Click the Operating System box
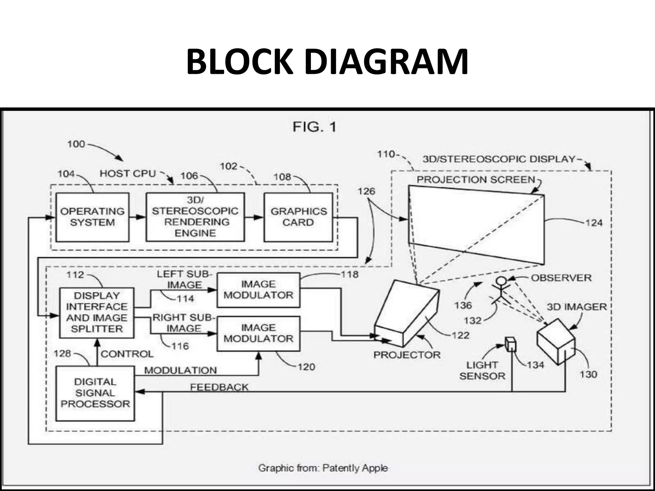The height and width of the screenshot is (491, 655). [x=92, y=217]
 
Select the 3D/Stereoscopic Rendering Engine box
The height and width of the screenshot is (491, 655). [x=195, y=217]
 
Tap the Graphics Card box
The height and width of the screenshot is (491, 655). [x=298, y=217]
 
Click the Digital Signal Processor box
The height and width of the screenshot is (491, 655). [x=95, y=393]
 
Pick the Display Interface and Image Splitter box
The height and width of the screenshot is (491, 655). [x=97, y=312]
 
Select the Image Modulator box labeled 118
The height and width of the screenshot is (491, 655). [x=258, y=290]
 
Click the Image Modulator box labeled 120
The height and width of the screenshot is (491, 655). [x=258, y=333]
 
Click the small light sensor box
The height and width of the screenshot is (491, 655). [x=510, y=344]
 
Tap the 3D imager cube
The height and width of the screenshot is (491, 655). [x=556, y=341]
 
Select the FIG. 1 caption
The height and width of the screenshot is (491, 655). [x=314, y=127]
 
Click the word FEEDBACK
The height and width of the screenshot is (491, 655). [x=219, y=387]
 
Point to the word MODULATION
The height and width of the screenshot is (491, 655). [x=180, y=370]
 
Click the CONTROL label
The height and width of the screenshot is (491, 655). [x=127, y=354]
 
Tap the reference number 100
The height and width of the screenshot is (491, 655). [x=76, y=144]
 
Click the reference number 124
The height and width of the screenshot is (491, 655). [x=594, y=223]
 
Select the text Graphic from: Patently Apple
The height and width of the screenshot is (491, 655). [x=323, y=468]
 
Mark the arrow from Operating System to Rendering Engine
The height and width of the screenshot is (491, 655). [x=138, y=217]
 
